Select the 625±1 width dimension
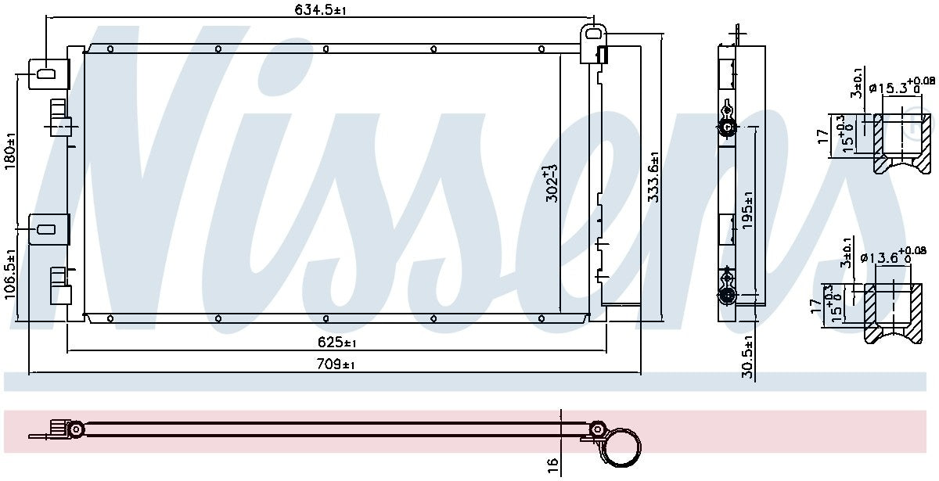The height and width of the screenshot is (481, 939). click(337, 343)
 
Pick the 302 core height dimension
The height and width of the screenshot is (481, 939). click(551, 184)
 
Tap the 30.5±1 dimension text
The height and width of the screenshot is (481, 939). click(748, 357)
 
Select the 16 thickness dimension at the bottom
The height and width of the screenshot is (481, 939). click(552, 465)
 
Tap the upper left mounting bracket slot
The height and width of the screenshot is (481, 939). click(45, 74)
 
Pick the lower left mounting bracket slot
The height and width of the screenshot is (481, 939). click(45, 229)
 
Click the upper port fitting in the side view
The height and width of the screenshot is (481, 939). click(728, 128)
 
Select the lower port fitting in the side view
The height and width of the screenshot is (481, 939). click(728, 295)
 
